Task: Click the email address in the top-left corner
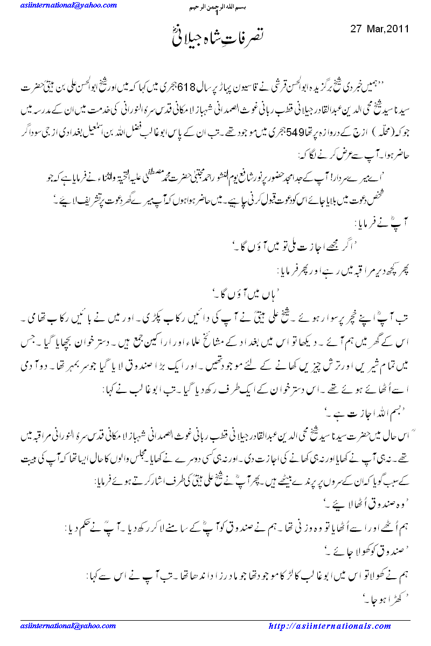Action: point(68,5)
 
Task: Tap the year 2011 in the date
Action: point(399,29)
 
